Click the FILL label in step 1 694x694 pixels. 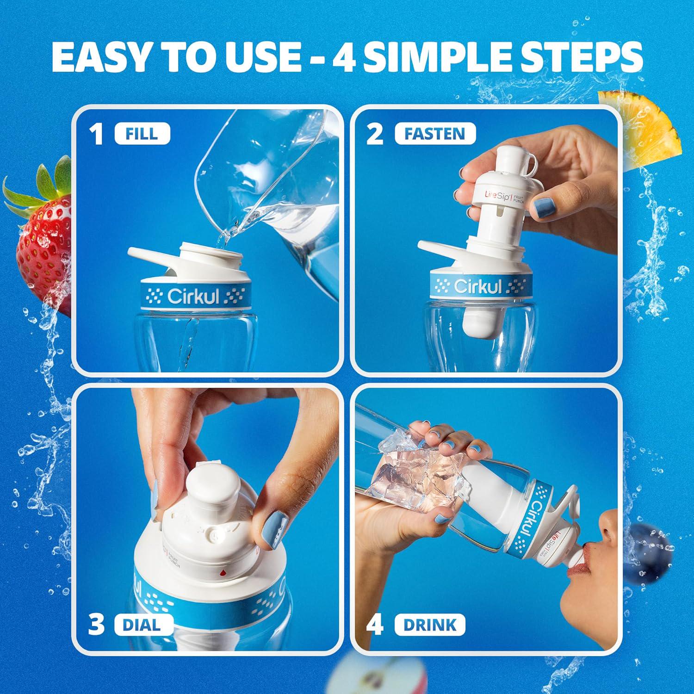tap(142, 134)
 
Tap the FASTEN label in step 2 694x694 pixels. tap(434, 134)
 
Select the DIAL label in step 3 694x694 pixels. tap(141, 625)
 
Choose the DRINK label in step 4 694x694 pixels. tap(429, 625)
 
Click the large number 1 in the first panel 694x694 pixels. tap(97, 135)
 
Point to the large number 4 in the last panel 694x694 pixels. tap(375, 626)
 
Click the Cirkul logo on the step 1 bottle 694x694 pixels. tap(193, 296)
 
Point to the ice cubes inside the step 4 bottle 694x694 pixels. tap(416, 467)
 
